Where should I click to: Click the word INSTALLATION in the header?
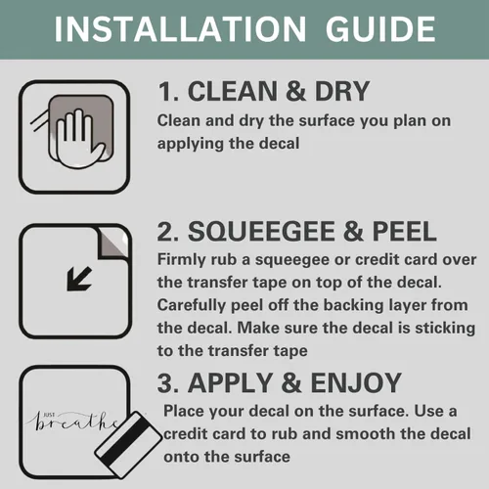180,29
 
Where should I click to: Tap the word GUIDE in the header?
380,29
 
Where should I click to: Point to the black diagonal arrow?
79,279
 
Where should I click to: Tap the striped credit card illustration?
128,445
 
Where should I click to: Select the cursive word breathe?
74,423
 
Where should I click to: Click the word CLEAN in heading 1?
233,91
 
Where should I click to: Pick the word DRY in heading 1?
342,91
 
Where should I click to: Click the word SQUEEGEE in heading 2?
261,231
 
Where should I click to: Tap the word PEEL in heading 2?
404,231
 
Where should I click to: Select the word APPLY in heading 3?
230,382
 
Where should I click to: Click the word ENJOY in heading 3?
356,382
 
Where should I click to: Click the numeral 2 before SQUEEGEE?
167,231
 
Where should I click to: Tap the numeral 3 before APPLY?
167,382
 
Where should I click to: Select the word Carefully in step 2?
192,306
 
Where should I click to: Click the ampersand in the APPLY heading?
291,382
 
